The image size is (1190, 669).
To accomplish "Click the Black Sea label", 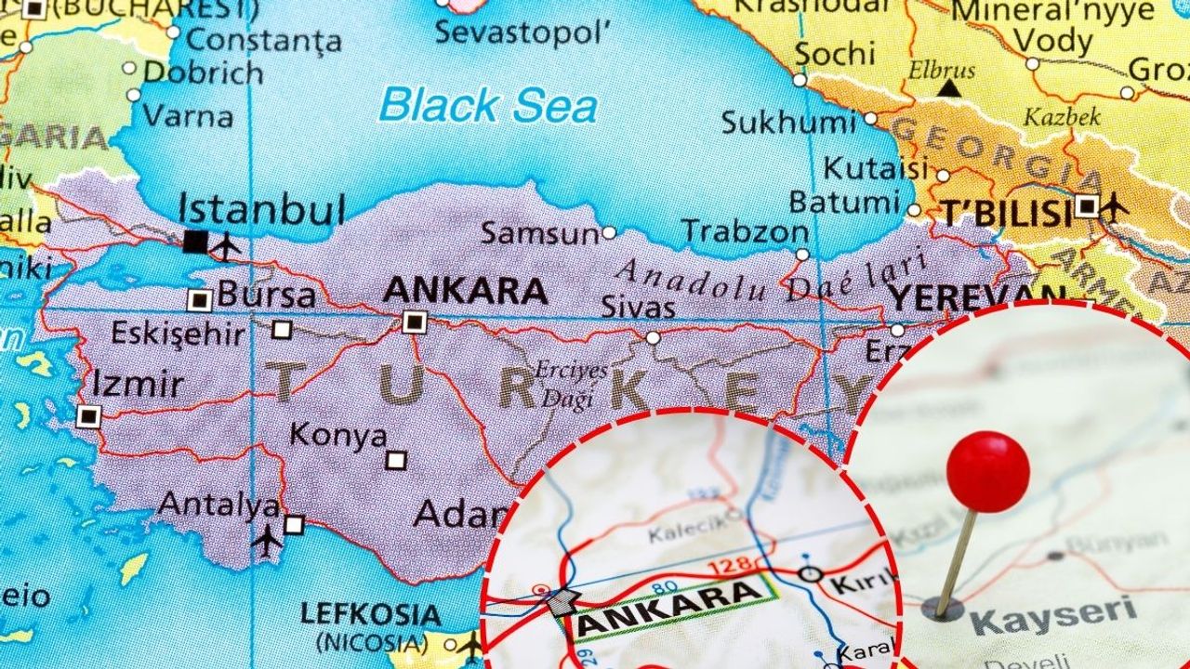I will [487, 104].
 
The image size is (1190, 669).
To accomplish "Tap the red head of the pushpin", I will [987, 472].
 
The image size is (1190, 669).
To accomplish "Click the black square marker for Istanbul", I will [195, 242].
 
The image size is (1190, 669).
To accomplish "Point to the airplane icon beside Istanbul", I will [226, 246].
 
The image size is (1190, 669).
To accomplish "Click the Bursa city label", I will [267, 296].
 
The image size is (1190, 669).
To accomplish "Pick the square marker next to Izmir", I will [88, 416].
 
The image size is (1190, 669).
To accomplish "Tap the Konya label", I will [337, 435].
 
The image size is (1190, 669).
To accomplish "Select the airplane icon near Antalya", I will [267, 539].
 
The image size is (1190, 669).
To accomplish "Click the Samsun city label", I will [539, 233].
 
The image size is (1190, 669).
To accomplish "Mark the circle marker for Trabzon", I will [802, 255].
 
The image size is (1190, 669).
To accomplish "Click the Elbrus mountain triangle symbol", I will [948, 89].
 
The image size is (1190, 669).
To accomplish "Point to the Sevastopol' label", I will [522, 33].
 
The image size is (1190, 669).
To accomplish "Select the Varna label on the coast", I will [187, 117].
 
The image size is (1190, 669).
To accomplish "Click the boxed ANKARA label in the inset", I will [669, 603].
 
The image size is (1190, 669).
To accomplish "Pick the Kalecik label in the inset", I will [685, 533].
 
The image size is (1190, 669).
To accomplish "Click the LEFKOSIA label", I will [371, 614].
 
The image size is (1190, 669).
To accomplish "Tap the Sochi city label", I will [835, 54].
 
